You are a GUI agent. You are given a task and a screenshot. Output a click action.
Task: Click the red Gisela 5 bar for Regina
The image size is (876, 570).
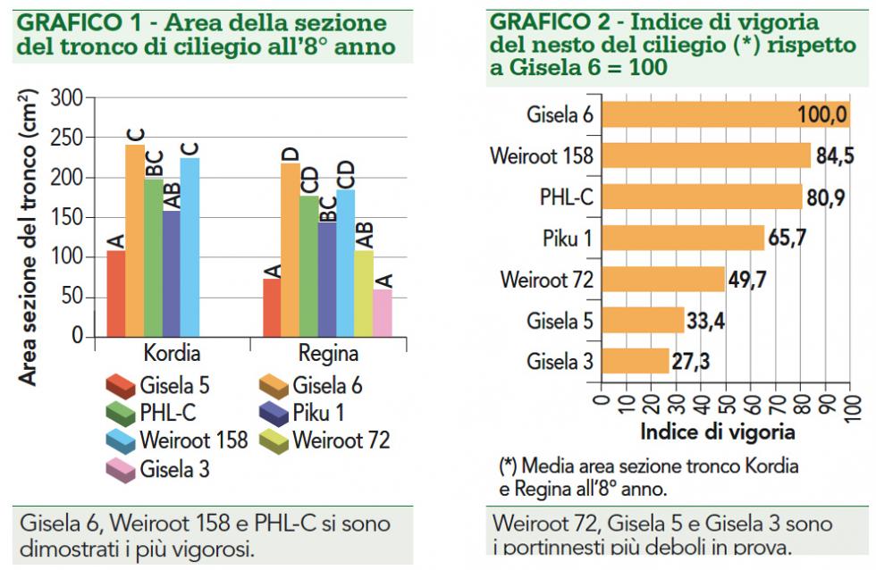click(x=272, y=308)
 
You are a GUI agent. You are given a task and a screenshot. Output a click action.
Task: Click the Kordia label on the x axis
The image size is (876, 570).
click(x=172, y=353)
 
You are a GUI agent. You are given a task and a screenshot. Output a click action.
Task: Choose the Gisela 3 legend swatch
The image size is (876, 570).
click(x=120, y=468)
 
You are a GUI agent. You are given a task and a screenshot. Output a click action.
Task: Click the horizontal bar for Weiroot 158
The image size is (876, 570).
click(x=706, y=155)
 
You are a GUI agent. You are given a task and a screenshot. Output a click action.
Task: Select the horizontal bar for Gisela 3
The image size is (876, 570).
click(x=636, y=361)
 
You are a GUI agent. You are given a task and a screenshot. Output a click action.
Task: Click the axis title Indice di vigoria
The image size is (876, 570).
click(x=718, y=432)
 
